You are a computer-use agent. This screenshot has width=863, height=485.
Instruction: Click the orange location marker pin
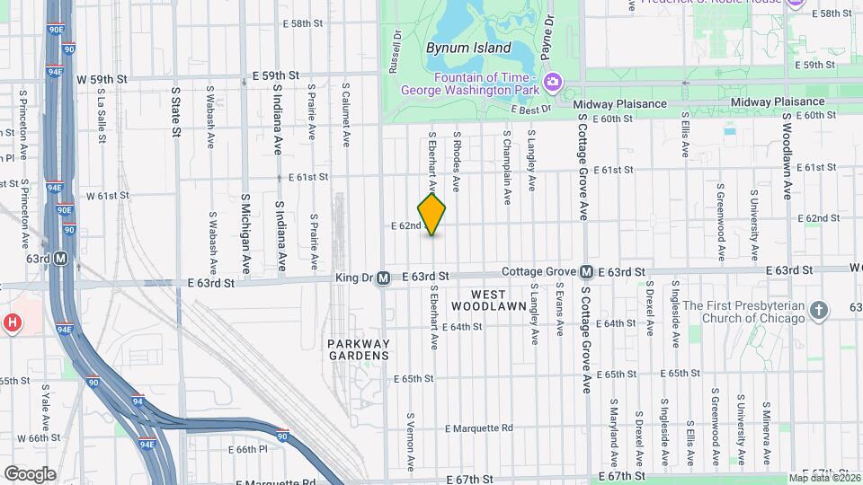pos(432,215)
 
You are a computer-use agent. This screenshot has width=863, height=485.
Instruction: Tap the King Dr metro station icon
pos(383,278)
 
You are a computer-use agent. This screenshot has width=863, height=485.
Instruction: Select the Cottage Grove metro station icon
pos(585,271)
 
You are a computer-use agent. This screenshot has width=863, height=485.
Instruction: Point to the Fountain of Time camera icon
pos(553,84)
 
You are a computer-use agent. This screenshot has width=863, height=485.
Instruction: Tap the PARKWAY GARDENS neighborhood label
pos(359,349)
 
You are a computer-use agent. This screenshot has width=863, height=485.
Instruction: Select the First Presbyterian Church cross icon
pos(818,311)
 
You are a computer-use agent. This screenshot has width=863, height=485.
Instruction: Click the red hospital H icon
pos(12,322)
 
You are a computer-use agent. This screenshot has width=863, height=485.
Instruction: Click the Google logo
pos(30,473)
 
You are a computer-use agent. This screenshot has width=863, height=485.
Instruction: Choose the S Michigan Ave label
pos(245,234)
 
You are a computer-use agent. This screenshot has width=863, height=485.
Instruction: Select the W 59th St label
pos(102,79)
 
